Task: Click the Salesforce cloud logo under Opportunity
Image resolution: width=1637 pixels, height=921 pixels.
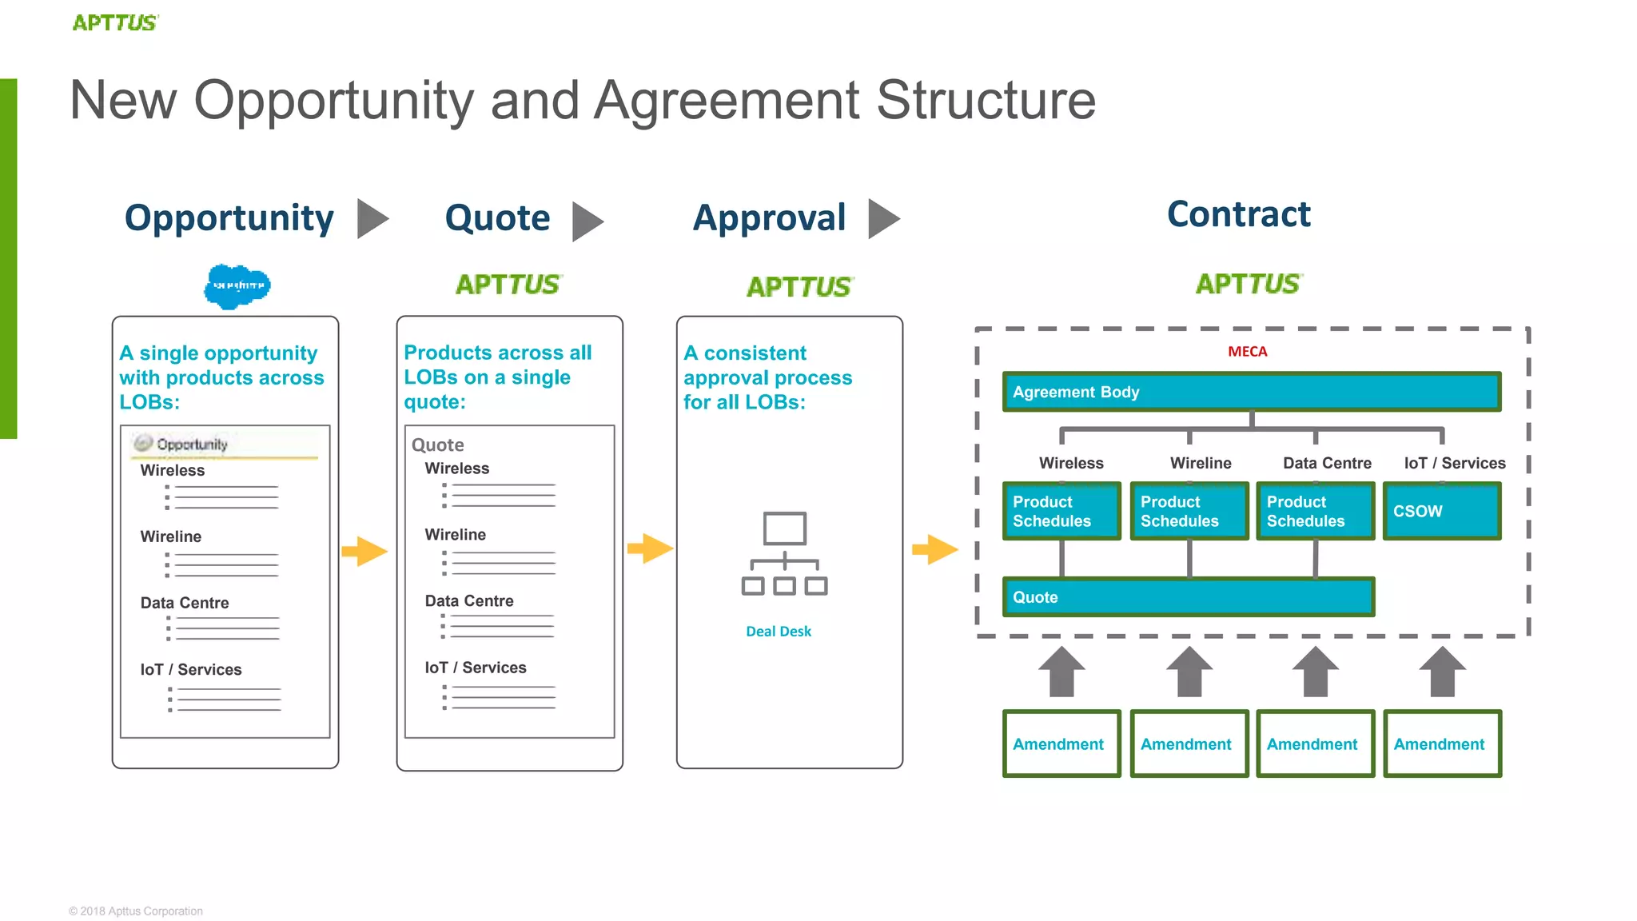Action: (x=237, y=286)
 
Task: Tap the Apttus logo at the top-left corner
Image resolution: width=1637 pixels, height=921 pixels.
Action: (x=115, y=22)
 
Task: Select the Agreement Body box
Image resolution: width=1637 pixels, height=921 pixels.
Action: (x=1251, y=392)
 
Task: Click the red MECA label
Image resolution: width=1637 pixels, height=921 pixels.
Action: (x=1247, y=352)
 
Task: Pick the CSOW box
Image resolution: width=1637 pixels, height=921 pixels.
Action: (x=1441, y=511)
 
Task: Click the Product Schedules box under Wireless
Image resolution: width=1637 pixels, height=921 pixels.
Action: (x=1061, y=511)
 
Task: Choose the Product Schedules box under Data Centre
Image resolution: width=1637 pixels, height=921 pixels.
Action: (x=1315, y=511)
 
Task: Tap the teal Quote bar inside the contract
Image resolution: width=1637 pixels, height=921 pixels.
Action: (x=1188, y=597)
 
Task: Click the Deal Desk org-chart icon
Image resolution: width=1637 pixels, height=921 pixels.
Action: (x=784, y=553)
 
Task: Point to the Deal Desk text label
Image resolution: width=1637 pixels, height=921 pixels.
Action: (x=778, y=632)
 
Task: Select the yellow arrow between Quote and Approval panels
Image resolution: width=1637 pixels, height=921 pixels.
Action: (x=650, y=548)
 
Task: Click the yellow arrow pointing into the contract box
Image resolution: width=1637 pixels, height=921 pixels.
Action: (x=934, y=549)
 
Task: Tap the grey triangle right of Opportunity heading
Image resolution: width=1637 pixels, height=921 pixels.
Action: (x=371, y=218)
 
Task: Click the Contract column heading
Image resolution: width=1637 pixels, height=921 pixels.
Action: (x=1238, y=214)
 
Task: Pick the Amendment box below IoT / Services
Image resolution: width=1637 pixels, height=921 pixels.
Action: (x=1441, y=744)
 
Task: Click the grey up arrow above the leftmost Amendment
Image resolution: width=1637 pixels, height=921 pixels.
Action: (x=1061, y=672)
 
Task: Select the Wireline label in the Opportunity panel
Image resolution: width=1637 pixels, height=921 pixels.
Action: (x=170, y=536)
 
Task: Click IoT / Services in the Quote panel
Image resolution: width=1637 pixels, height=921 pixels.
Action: (x=475, y=668)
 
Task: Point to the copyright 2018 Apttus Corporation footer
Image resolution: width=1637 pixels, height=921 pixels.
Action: (x=136, y=911)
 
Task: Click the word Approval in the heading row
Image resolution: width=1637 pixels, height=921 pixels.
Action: (x=769, y=217)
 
